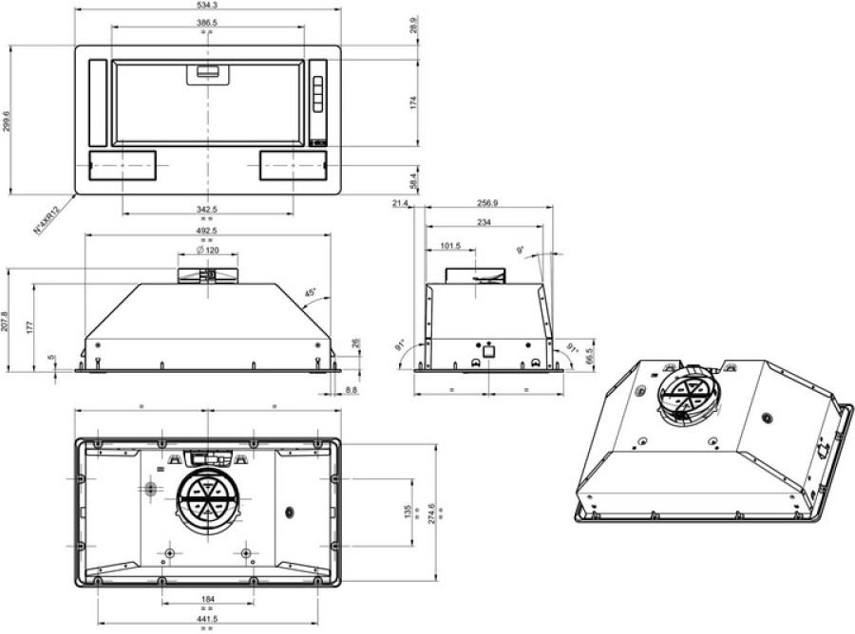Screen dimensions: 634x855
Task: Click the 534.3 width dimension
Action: click(206, 6)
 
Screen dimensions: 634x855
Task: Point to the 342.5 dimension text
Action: click(206, 209)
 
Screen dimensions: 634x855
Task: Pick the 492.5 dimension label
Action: click(206, 231)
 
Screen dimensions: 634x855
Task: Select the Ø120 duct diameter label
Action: click(206, 250)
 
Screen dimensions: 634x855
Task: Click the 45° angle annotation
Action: click(310, 293)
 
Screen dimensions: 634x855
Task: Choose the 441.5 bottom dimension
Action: click(206, 618)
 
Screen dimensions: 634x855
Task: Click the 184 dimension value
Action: click(206, 598)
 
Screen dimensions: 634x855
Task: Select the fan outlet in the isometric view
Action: click(682, 392)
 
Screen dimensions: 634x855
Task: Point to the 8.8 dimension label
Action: click(351, 390)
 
